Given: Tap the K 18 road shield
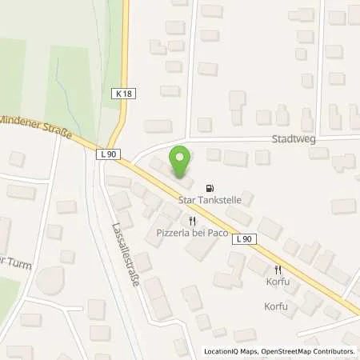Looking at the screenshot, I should [x=124, y=94].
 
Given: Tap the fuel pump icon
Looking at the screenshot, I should [x=210, y=181].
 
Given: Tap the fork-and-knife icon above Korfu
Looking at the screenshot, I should [x=278, y=270].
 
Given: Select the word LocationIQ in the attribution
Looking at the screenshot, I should [x=222, y=350].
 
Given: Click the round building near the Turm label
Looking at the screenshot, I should [x=52, y=281].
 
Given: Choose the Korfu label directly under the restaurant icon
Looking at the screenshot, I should [x=278, y=282].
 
